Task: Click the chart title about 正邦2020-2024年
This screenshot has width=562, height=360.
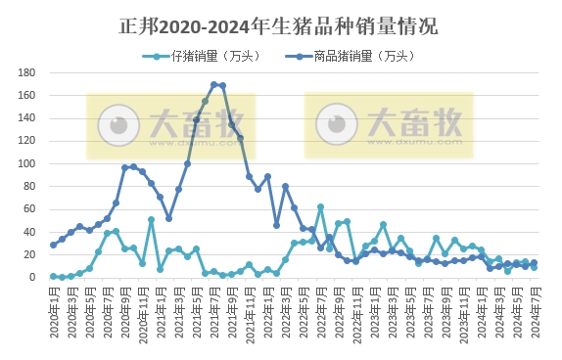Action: pyautogui.click(x=281, y=23)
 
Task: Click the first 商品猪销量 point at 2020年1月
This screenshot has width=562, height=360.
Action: pyautogui.click(x=53, y=245)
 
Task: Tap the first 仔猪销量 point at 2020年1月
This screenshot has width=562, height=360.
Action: pyautogui.click(x=53, y=276)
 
